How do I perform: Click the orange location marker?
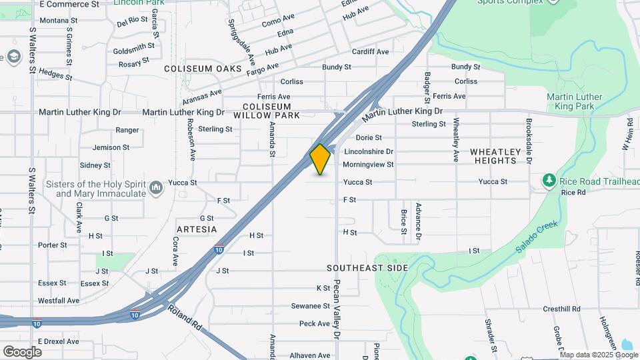[321, 159]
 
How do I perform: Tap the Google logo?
[22, 351]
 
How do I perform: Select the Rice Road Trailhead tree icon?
[549, 181]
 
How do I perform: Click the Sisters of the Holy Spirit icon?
[156, 188]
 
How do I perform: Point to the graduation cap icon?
[13, 57]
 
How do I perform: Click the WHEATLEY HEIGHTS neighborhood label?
[494, 156]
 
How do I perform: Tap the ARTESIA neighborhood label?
[197, 229]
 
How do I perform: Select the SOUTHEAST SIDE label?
[367, 267]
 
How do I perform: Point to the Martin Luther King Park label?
[574, 101]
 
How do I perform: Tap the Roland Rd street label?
[185, 319]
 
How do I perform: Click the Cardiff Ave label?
[370, 52]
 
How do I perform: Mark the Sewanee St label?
[311, 306]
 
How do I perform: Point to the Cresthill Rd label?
[561, 309]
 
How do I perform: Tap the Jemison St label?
[111, 147]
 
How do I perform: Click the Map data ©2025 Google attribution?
[599, 355]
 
